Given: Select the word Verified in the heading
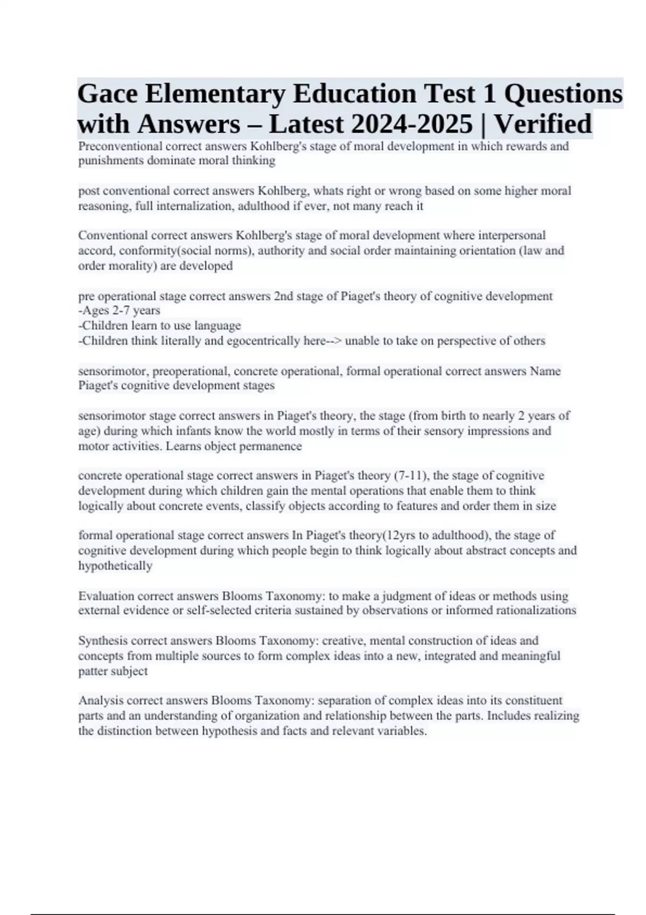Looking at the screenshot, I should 543,124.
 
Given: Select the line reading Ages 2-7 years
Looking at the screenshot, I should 120,311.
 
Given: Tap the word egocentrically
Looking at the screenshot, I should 263,341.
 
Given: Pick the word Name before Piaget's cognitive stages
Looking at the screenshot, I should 545,371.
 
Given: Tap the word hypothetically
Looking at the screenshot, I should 115,566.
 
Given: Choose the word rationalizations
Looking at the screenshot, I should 530,610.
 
